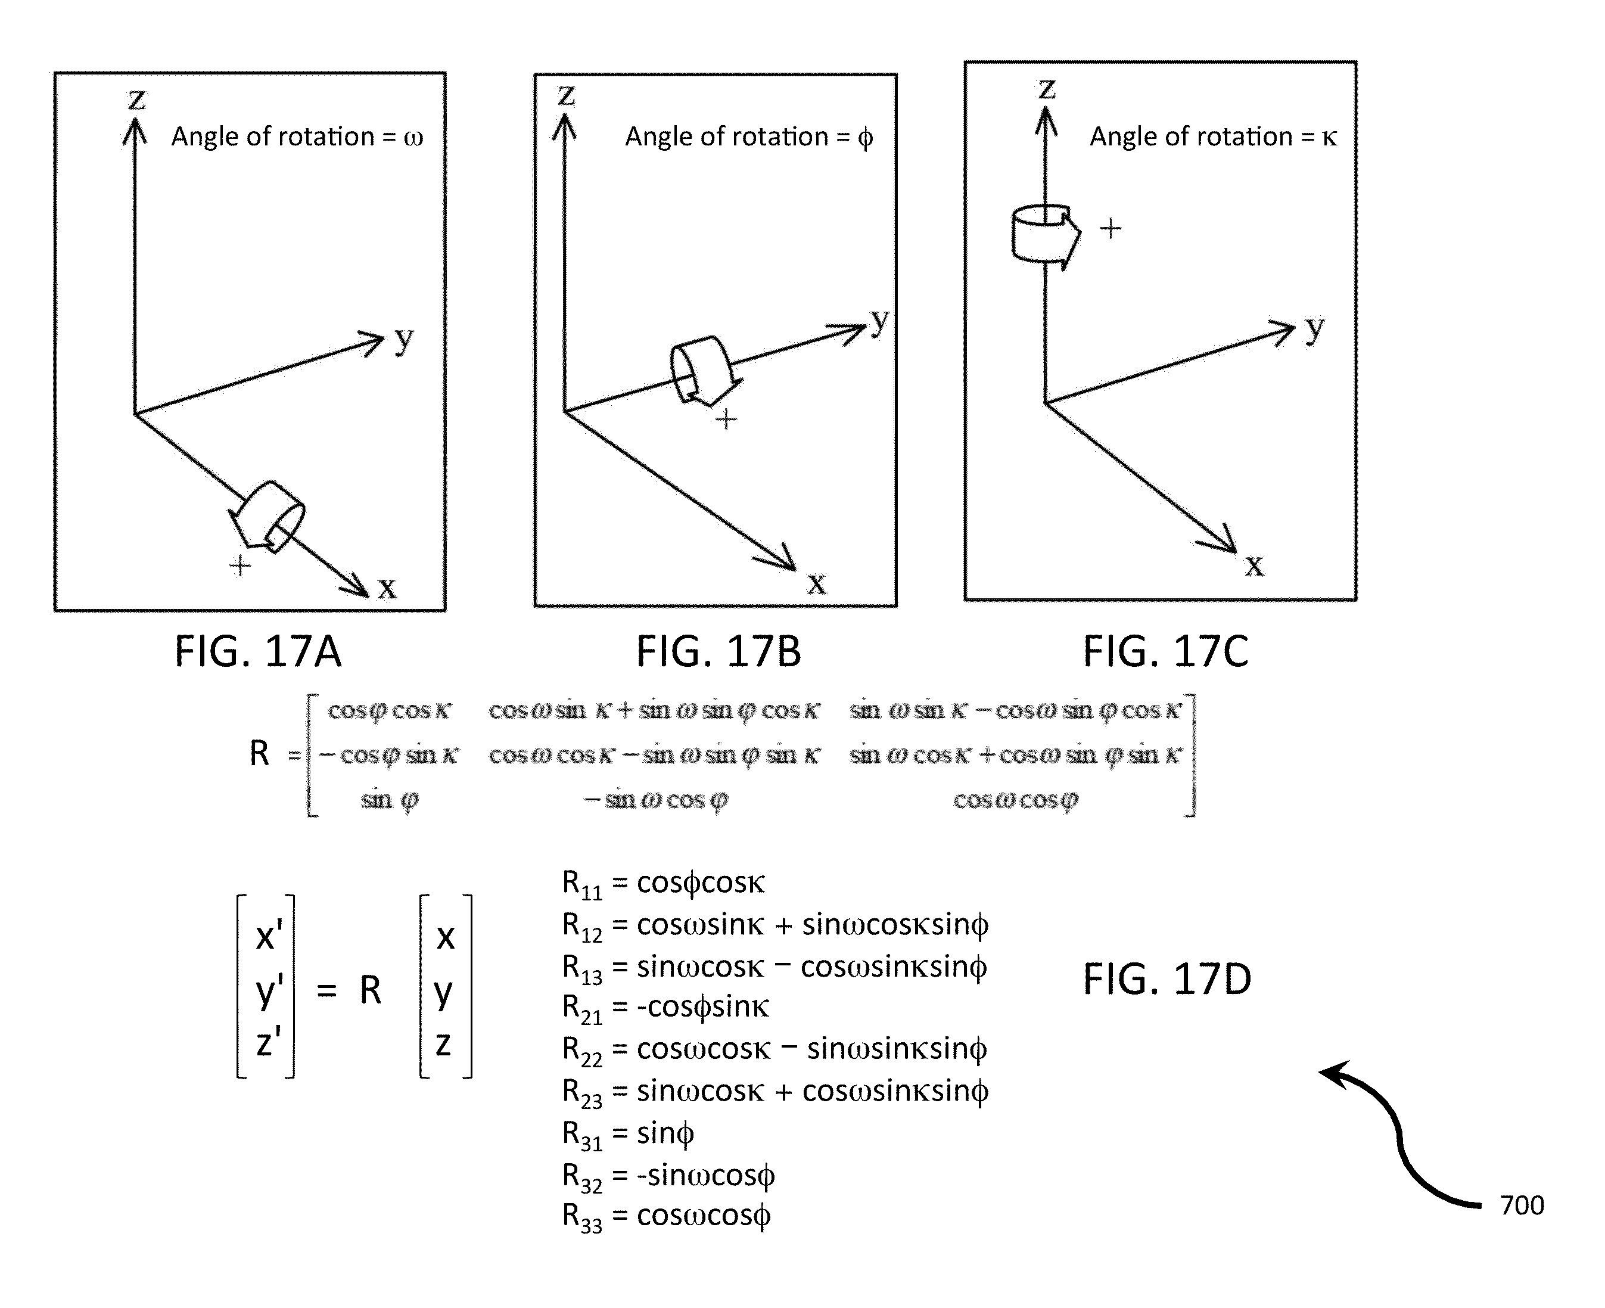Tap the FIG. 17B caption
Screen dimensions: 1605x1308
[x=718, y=652]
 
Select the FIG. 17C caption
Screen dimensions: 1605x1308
[x=1165, y=652]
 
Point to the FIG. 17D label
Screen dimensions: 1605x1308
[x=1167, y=980]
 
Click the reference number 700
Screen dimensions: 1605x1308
[x=1522, y=1206]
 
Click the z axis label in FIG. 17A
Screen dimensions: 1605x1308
[x=136, y=99]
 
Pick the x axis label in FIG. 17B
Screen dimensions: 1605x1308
[x=817, y=583]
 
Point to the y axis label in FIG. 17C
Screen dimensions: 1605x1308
[x=1314, y=328]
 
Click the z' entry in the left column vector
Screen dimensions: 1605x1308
[x=268, y=1043]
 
